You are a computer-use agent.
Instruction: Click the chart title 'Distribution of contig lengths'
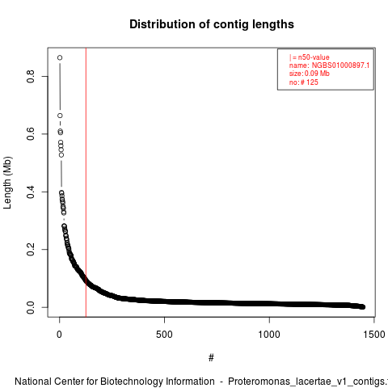tap(212, 24)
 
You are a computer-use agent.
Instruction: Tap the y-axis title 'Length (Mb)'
tap(7, 183)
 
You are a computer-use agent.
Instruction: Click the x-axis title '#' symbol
tap(211, 358)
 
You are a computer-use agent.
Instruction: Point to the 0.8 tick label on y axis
tap(31, 76)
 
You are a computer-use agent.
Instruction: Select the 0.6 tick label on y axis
tap(31, 134)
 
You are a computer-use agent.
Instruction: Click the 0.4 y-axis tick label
tap(31, 192)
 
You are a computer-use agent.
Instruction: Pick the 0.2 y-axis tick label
tap(31, 250)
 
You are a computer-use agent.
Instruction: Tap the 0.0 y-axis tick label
tap(31, 307)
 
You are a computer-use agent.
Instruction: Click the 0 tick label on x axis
tap(59, 335)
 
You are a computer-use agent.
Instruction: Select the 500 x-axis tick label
tap(164, 335)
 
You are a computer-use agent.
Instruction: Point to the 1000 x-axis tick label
tap(269, 335)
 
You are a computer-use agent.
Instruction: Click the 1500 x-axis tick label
tap(374, 335)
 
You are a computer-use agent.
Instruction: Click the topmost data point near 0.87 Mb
tap(60, 57)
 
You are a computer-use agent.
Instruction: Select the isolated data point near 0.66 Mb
tap(60, 116)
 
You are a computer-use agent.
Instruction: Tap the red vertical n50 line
tap(86, 183)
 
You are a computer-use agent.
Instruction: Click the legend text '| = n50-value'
tap(310, 57)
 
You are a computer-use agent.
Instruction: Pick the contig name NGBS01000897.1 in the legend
tap(340, 65)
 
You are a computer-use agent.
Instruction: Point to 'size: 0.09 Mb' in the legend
tap(310, 74)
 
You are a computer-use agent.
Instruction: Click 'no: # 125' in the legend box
tap(304, 82)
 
